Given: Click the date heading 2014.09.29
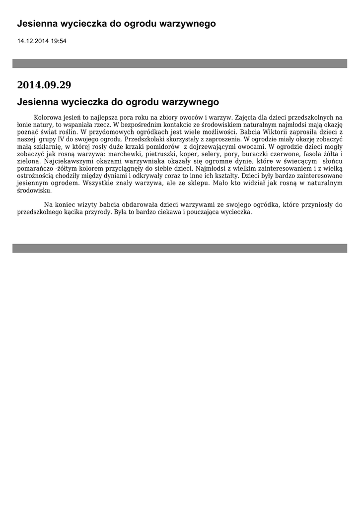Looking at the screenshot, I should click(44, 85).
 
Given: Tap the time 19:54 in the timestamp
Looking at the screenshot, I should click(58, 41).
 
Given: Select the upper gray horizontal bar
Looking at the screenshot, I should click(180, 63).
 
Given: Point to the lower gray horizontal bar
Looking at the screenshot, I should click(180, 248).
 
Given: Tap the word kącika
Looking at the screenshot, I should click(73, 212).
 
